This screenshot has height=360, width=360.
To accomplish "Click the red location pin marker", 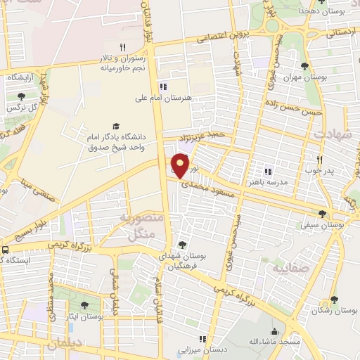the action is tap(181, 166).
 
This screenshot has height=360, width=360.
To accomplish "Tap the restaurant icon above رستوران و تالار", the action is tap(122, 48).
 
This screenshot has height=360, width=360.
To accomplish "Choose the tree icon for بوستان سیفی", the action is tap(322, 214).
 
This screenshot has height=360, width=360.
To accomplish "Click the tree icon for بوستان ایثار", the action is tap(84, 306).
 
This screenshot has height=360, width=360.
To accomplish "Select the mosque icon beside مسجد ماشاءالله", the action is tap(274, 330).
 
